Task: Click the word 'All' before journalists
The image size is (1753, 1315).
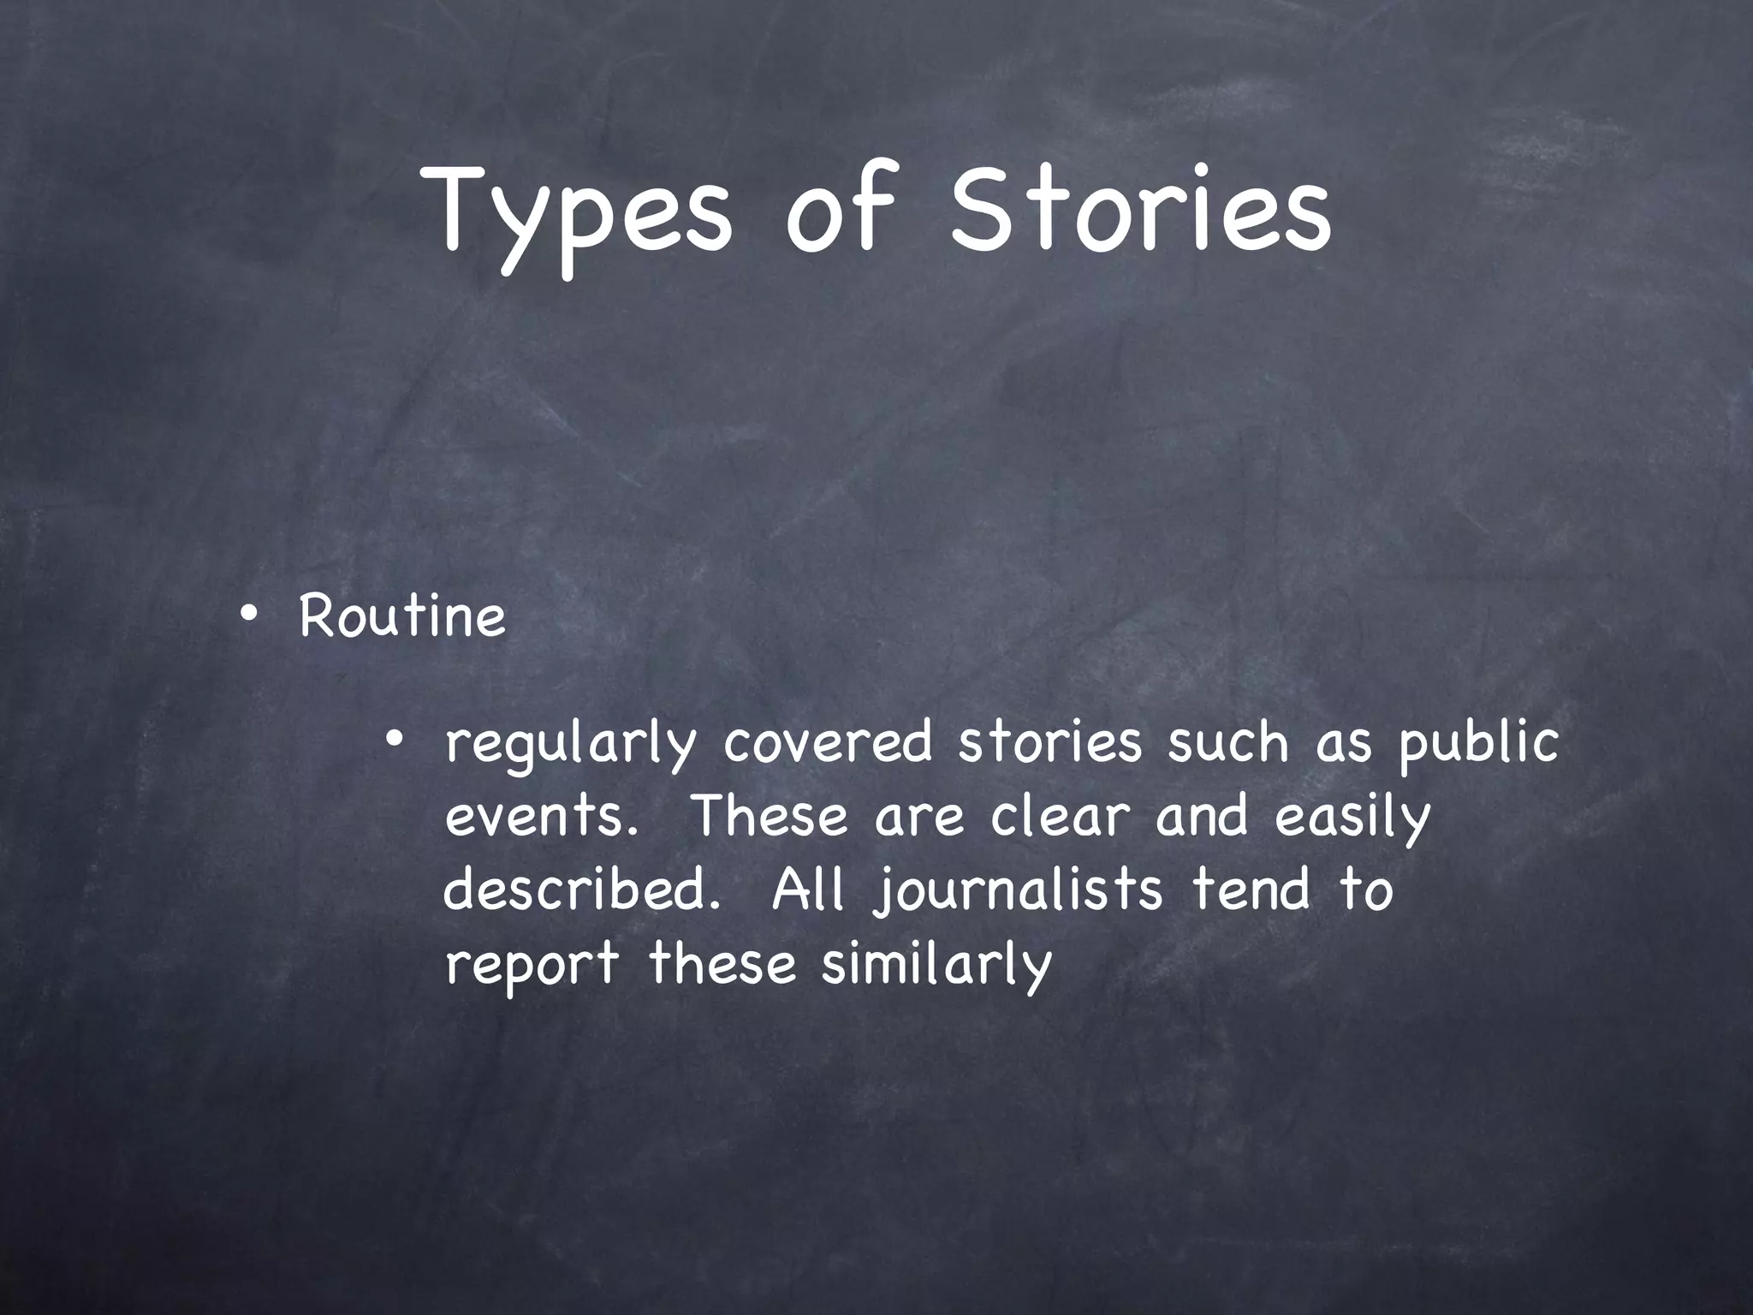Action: coord(808,890)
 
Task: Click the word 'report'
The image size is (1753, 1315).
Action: coord(532,967)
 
